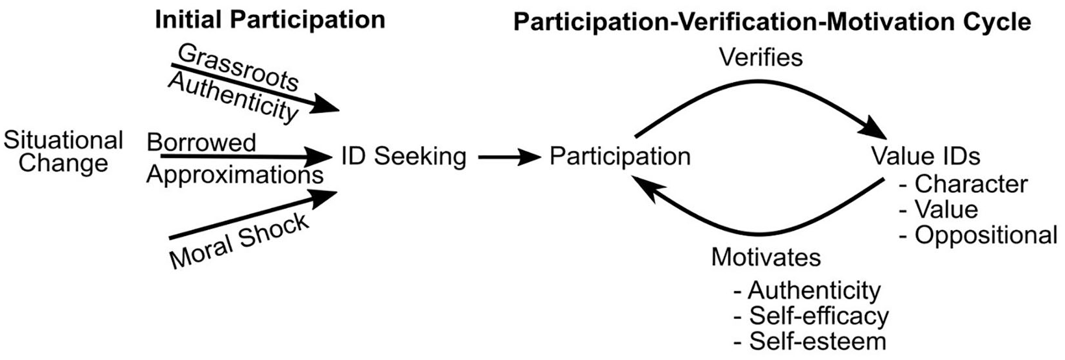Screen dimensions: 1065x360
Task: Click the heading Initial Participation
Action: [270, 20]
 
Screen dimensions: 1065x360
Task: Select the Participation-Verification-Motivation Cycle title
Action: [773, 22]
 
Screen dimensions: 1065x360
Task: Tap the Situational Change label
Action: [63, 151]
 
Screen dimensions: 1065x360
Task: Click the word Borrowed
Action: [201, 142]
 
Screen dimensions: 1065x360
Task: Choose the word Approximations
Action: [235, 175]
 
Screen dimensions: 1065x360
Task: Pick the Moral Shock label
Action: [239, 240]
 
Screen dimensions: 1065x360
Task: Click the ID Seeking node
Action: [404, 157]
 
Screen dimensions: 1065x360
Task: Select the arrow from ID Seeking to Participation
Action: [509, 157]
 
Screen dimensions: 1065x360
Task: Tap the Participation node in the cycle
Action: [620, 156]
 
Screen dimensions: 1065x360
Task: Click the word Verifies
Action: [761, 57]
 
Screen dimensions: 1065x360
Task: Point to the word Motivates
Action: [766, 257]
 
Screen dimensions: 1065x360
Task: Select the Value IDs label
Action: [926, 155]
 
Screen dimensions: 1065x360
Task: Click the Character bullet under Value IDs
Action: [964, 184]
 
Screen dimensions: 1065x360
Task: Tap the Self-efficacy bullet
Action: [812, 316]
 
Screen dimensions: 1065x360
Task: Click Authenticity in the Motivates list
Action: [807, 290]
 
